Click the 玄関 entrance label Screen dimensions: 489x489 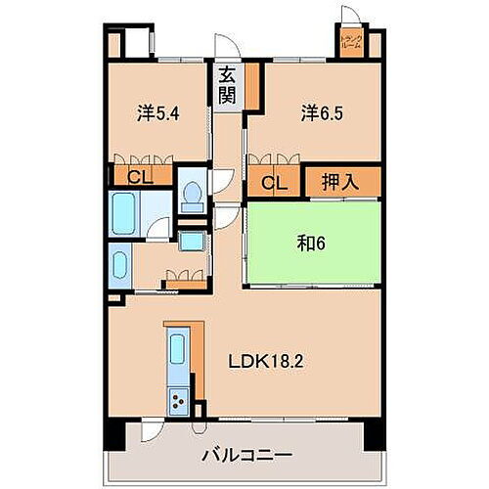pos(226,85)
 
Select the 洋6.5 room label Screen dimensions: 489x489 pos(314,113)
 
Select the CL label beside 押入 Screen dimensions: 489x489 pos(273,182)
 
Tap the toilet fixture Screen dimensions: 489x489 pos(193,195)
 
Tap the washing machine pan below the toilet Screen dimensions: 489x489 pos(192,242)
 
